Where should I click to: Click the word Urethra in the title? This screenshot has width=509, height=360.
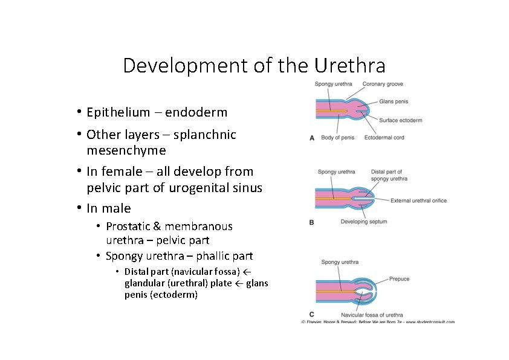click(351, 65)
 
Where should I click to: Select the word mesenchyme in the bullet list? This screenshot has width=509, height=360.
click(126, 150)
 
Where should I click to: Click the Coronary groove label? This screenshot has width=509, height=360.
click(383, 84)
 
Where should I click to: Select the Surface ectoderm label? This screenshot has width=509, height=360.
click(400, 120)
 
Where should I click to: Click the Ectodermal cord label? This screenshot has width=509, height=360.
click(384, 138)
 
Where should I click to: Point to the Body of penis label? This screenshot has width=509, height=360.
click(337, 138)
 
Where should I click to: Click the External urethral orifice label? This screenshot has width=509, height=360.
click(418, 201)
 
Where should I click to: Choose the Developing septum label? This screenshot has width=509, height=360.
click(364, 222)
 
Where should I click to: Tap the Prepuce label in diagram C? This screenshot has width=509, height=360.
click(400, 279)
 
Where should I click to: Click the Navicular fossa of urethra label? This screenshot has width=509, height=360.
click(372, 315)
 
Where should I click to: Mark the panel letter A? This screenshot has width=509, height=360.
click(312, 138)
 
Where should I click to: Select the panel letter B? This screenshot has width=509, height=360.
click(312, 222)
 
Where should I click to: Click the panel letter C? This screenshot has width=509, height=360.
click(311, 315)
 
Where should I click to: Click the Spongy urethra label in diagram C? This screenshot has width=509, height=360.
click(339, 262)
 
